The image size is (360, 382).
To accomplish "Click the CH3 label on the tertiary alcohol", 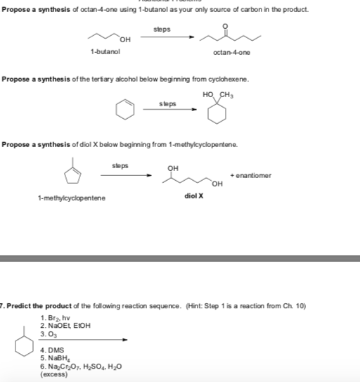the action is (227, 96).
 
